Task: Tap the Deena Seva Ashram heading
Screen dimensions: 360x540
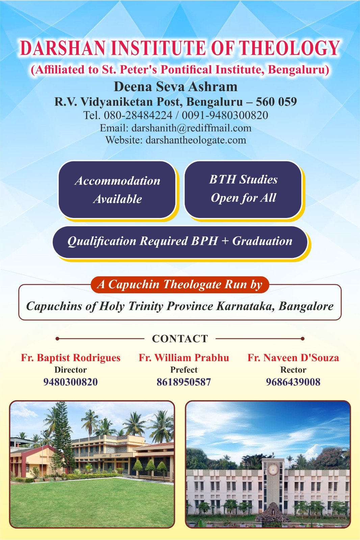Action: coord(176,86)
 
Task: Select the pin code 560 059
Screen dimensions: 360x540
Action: coord(276,102)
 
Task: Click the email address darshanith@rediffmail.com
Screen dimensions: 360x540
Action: coord(191,128)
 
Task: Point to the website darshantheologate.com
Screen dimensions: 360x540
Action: coord(196,140)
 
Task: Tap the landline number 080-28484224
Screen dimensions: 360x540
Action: coord(138,115)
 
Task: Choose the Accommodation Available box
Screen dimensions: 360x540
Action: coord(117,190)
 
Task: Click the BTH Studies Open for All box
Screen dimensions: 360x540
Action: coord(243,189)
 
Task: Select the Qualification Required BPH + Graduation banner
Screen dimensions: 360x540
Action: coord(180,242)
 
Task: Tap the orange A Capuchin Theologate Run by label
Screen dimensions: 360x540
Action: coord(180,285)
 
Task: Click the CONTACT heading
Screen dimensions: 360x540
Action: coord(180,339)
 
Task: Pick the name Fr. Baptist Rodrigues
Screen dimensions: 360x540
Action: coord(71,358)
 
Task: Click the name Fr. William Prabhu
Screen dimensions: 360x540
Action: coord(184,358)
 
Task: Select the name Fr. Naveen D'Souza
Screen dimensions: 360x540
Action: coord(293,358)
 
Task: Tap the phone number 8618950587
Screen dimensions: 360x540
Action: coord(184,382)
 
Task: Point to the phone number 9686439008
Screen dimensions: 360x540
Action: coord(293,382)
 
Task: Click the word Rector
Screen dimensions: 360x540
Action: coord(293,370)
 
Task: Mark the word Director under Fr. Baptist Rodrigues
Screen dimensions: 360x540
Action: coord(71,370)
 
